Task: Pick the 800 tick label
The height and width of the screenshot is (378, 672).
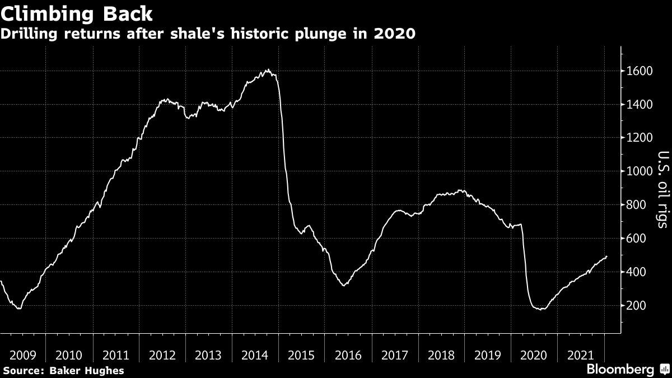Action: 639,205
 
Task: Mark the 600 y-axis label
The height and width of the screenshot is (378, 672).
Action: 639,239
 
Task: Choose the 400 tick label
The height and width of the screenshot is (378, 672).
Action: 639,272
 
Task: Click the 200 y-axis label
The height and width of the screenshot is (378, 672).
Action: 639,306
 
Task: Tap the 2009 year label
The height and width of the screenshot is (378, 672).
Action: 23,355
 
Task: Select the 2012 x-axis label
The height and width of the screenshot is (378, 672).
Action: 163,355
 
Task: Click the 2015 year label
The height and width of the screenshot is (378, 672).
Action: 302,355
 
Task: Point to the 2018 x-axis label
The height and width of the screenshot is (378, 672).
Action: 442,355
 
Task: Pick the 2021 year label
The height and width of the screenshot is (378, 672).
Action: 581,355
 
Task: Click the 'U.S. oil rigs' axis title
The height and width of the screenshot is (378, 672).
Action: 662,189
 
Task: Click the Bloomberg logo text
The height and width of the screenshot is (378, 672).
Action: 620,370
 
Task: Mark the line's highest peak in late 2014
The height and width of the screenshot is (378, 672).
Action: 268,70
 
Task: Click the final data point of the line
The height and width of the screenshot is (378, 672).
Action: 606,256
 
